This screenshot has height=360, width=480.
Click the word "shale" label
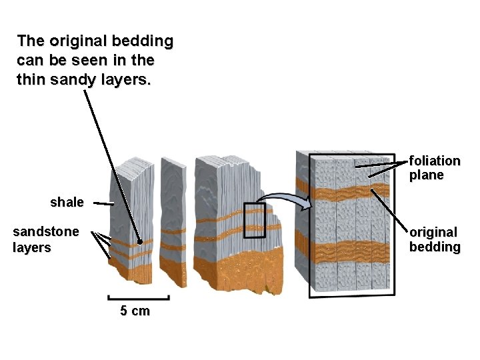coord(67,202)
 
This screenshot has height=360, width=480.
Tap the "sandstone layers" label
coord(46,239)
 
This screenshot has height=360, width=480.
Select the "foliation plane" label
coord(435,168)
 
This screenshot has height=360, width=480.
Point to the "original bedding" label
coord(435,239)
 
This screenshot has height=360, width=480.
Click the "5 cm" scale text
coord(135,311)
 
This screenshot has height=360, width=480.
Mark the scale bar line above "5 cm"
coord(138,298)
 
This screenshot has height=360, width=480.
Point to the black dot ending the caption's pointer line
coord(140,243)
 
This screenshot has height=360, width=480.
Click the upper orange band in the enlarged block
coord(353,195)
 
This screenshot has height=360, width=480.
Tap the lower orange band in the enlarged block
coord(353,253)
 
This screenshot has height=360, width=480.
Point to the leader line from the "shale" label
coord(102,203)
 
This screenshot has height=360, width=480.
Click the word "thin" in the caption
coord(30,81)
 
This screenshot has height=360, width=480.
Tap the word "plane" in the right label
coord(427,175)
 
